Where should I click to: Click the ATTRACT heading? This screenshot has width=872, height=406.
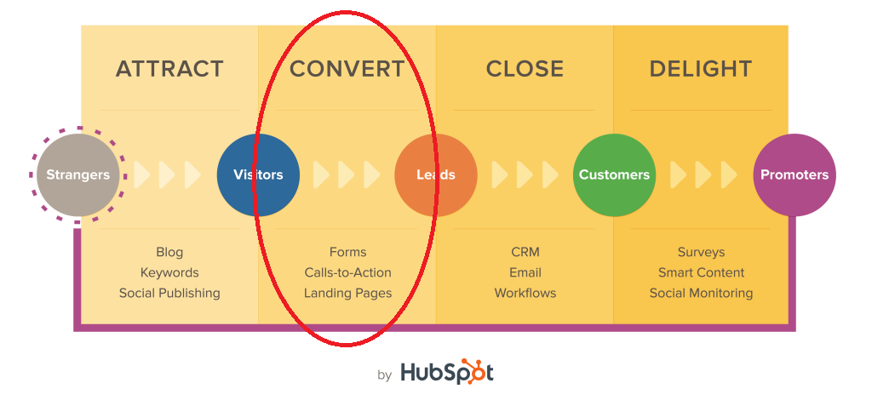click(169, 69)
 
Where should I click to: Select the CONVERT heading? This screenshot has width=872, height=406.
click(347, 69)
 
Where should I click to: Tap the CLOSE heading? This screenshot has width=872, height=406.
click(525, 69)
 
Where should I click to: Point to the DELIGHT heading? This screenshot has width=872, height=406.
click(701, 69)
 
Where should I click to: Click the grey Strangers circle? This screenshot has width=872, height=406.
click(77, 174)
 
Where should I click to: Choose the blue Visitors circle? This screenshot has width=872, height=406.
click(258, 174)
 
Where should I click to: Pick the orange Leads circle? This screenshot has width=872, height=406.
click(436, 174)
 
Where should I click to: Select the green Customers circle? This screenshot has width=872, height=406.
click(614, 174)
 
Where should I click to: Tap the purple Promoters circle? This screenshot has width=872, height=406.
click(795, 174)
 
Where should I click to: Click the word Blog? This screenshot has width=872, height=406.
click(169, 252)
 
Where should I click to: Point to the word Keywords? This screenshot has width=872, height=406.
click(169, 272)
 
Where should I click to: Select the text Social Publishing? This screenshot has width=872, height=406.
click(169, 293)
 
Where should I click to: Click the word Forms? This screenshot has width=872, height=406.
click(347, 252)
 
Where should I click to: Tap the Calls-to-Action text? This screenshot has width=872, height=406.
click(347, 272)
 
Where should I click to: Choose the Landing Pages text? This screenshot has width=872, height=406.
click(347, 293)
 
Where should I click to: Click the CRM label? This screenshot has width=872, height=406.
click(525, 252)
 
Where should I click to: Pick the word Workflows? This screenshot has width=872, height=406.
click(525, 293)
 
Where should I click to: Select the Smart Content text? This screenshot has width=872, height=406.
click(701, 272)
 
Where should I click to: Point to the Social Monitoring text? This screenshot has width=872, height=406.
click(701, 293)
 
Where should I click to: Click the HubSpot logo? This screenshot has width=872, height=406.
click(446, 372)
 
